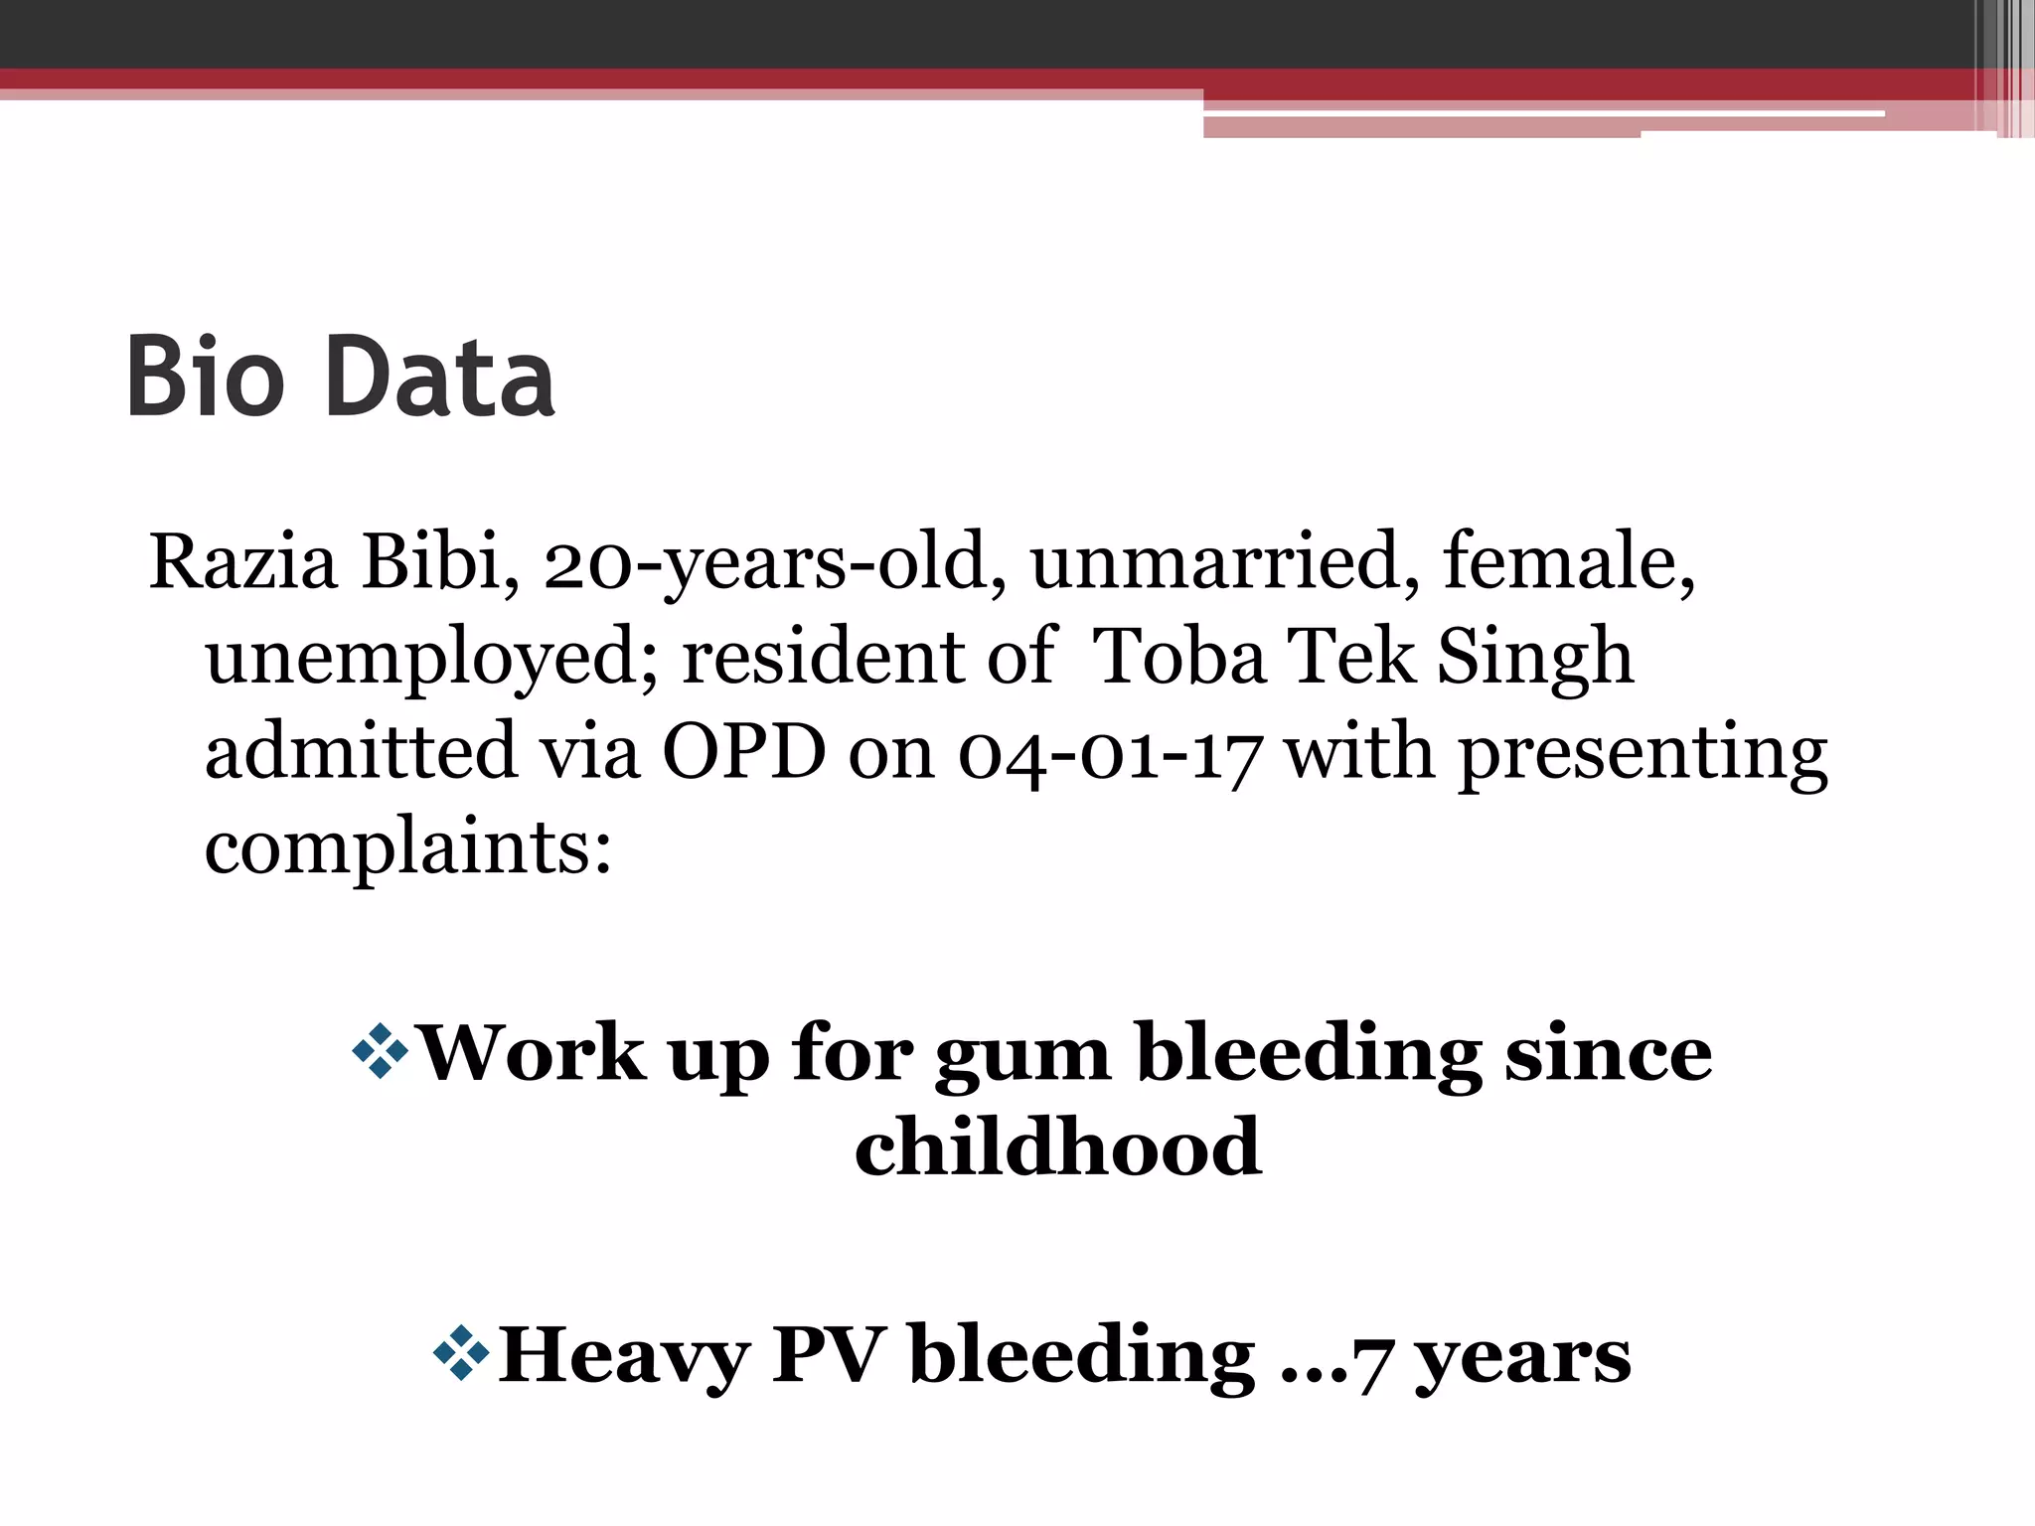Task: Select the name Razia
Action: pyautogui.click(x=243, y=563)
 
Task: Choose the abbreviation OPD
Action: pyautogui.click(x=743, y=752)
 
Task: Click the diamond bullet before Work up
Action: pyautogui.click(x=381, y=1050)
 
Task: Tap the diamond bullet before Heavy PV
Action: pyautogui.click(x=462, y=1352)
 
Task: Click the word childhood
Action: pyautogui.click(x=1058, y=1147)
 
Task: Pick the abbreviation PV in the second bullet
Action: pyautogui.click(x=828, y=1354)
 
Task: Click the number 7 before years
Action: pyautogui.click(x=1372, y=1362)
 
